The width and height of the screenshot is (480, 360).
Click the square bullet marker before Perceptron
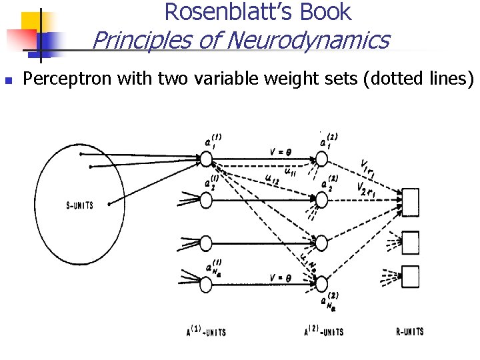tap(8, 80)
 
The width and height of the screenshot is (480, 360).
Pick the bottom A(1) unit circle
tap(206, 284)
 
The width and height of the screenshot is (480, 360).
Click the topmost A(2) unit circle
tap(322, 159)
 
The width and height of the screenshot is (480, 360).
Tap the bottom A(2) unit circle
tap(322, 284)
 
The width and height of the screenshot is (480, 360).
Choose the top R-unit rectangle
tap(410, 199)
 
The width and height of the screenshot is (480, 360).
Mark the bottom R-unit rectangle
tap(410, 276)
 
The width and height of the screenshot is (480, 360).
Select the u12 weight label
tap(271, 178)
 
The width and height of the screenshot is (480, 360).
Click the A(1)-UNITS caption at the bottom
tap(206, 331)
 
